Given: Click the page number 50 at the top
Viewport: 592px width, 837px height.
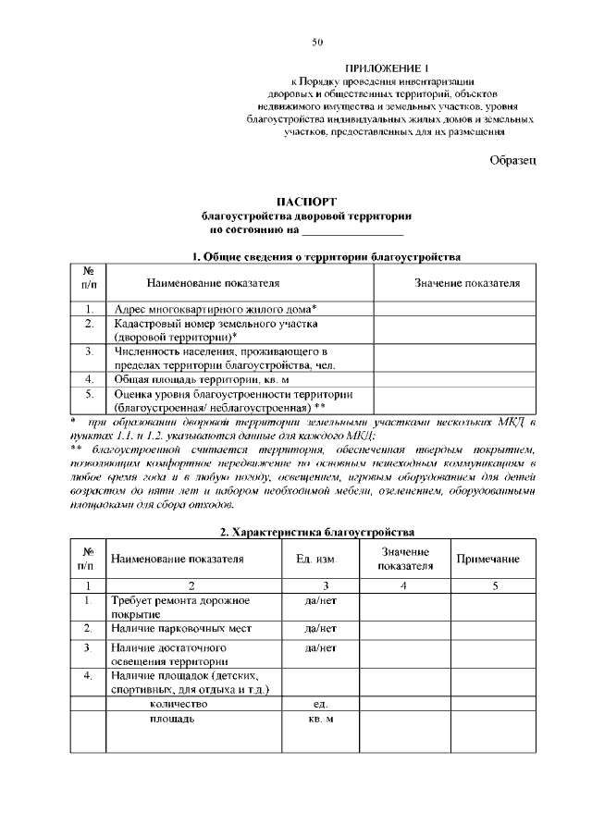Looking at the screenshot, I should tap(317, 42).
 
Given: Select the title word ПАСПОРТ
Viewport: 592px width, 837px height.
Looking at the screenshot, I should tap(305, 202).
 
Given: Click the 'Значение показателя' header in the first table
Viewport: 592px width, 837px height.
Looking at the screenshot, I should tap(467, 282).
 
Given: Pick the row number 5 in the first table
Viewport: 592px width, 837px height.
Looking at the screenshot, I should tap(89, 394).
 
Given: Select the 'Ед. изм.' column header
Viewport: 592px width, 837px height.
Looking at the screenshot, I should tap(315, 560).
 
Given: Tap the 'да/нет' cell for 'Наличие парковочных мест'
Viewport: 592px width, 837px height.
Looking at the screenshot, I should tap(320, 629).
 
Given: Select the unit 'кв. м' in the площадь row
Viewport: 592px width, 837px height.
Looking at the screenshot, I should tap(320, 719).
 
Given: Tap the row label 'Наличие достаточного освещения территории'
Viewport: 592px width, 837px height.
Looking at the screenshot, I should tap(168, 655).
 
